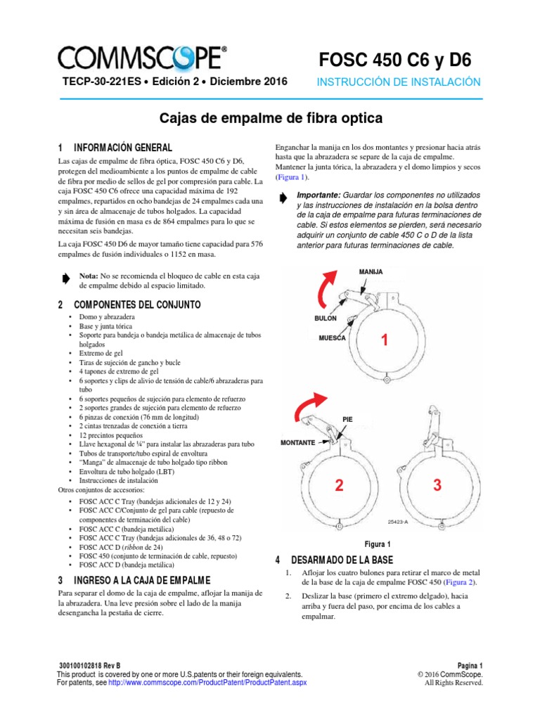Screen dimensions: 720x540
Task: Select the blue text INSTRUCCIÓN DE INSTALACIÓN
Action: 399,82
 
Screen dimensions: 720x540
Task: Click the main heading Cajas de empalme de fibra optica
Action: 269,117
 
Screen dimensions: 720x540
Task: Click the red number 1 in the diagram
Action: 384,341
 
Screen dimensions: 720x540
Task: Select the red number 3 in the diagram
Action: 437,485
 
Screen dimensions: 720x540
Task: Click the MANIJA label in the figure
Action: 371,271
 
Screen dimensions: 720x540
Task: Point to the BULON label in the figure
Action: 326,319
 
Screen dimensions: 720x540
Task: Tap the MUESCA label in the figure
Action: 332,338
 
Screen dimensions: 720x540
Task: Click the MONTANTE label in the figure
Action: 302,443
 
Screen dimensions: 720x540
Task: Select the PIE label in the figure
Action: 347,419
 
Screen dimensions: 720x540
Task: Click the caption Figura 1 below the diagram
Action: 378,544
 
